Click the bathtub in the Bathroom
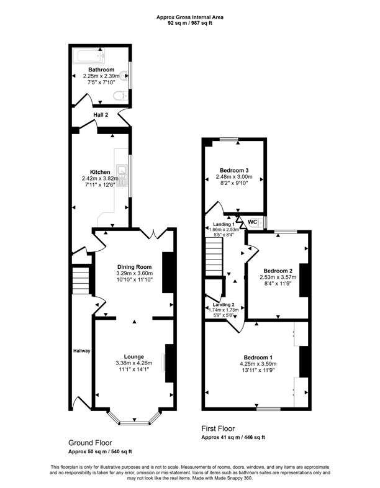coord(89,56)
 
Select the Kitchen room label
coord(100,172)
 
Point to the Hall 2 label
coord(101,115)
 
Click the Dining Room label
coord(135,267)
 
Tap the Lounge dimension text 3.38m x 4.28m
coord(134,363)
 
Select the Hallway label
coord(82,351)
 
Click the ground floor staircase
coord(81,279)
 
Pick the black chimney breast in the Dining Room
coord(168,273)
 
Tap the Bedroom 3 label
coord(234,170)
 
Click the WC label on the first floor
coord(252,222)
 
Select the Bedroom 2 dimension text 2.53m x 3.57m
coord(278,277)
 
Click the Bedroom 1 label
coord(258,357)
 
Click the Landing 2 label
coord(224,305)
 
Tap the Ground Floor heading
coord(90,443)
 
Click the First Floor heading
coord(218,428)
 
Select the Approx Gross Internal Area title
coord(190,17)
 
